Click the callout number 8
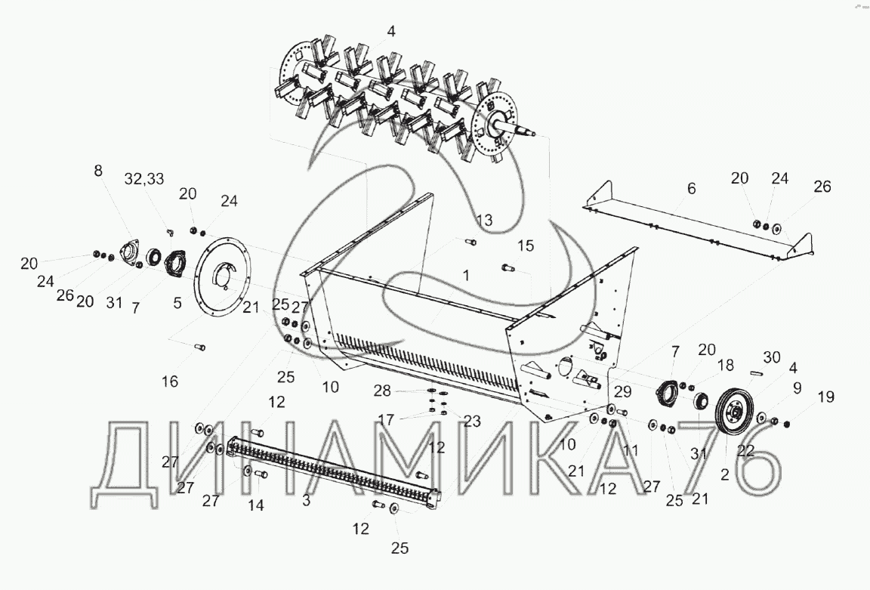tap(98, 171)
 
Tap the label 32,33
tap(144, 179)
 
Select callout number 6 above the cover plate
tap(691, 189)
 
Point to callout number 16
tap(170, 381)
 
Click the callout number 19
tap(825, 397)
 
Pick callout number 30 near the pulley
tap(772, 357)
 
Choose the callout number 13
tap(484, 221)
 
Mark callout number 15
tap(526, 246)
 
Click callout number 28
tap(381, 391)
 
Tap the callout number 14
tap(256, 505)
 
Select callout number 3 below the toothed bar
tap(307, 500)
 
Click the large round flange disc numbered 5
tap(222, 276)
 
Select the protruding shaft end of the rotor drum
tap(522, 129)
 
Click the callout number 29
tap(622, 392)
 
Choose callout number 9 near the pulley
tap(797, 388)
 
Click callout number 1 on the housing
tap(466, 275)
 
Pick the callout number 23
tap(472, 422)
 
